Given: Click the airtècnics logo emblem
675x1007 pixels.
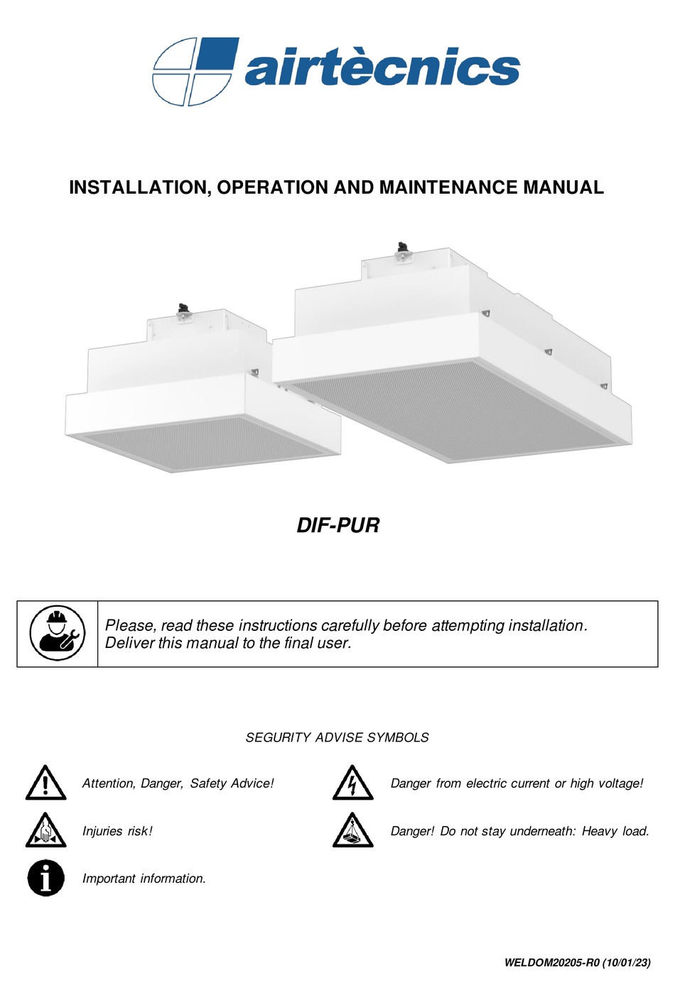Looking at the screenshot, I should pyautogui.click(x=193, y=72).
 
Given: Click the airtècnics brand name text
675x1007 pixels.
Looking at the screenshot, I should pyautogui.click(x=382, y=69).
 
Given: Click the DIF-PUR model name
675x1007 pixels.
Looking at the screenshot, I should pyautogui.click(x=337, y=525).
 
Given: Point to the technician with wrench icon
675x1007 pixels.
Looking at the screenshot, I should pyautogui.click(x=58, y=633).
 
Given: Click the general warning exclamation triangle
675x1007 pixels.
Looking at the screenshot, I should pyautogui.click(x=45, y=783).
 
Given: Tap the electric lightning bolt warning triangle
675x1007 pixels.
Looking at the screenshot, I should pyautogui.click(x=352, y=783).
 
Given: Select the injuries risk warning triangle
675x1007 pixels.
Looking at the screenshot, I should pyautogui.click(x=45, y=831).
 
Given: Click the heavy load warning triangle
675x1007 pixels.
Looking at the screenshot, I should pyautogui.click(x=352, y=831).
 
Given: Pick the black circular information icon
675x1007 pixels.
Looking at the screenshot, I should pyautogui.click(x=45, y=878).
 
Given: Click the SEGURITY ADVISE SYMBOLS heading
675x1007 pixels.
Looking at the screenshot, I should pyautogui.click(x=337, y=737).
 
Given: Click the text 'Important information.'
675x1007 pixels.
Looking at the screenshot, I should pyautogui.click(x=144, y=879).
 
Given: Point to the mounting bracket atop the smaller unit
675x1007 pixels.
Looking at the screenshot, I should pyautogui.click(x=185, y=312).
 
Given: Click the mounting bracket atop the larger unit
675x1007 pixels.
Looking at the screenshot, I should pyautogui.click(x=403, y=251).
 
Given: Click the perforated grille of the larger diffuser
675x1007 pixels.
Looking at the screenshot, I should pyautogui.click(x=455, y=412).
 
